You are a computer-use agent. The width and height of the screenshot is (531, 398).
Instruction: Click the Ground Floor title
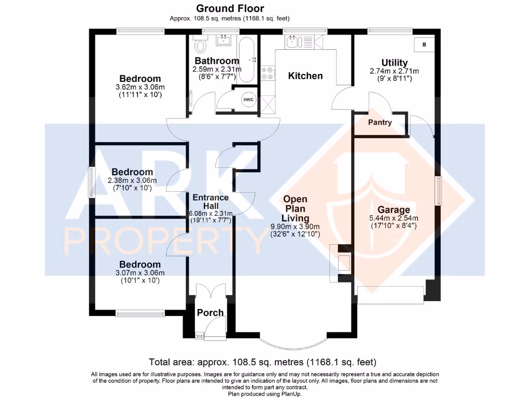[x=230, y=8]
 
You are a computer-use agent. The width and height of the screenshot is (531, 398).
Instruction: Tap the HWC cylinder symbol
[x=248, y=99]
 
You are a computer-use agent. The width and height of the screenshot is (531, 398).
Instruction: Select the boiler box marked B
[x=424, y=45]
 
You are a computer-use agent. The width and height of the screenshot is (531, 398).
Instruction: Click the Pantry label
[x=380, y=123]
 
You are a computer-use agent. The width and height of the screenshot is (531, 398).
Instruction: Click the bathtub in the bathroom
[x=247, y=60]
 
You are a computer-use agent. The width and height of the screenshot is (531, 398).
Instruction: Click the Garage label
[x=394, y=210]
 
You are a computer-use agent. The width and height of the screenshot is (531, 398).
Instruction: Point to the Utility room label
[x=394, y=63]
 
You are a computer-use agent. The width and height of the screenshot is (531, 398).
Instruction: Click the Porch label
[x=210, y=312]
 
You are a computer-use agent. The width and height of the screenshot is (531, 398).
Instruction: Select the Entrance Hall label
[x=210, y=202]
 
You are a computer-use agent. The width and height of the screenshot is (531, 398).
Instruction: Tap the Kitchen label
[x=305, y=76]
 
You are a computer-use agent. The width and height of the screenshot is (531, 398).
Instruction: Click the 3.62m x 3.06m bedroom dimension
[x=140, y=87]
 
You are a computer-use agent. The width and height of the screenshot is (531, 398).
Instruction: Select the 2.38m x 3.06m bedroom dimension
[x=132, y=180]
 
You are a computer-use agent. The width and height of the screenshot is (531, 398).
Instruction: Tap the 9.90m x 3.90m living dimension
[x=295, y=226]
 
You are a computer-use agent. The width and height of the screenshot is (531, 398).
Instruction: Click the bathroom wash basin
[x=226, y=40]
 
